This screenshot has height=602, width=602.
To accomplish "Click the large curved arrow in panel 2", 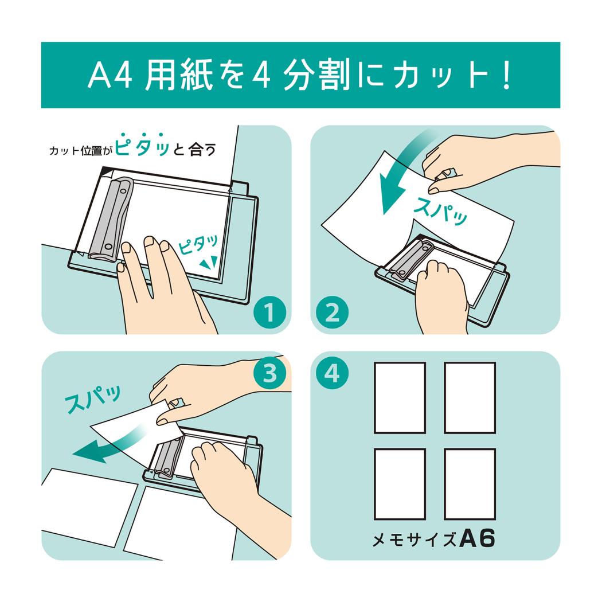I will click(401, 172).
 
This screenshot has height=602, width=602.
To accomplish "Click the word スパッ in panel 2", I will click(440, 210).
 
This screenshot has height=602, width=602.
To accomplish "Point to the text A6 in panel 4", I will click(477, 539).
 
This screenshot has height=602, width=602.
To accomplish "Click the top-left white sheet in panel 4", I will click(400, 397).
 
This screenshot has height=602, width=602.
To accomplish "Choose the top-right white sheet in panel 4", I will click(470, 397).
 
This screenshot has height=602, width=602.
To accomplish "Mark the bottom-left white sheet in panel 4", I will click(400, 484).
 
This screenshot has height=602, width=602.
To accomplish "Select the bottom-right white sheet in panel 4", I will click(470, 484).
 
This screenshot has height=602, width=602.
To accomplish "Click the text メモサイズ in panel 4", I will click(414, 540).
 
